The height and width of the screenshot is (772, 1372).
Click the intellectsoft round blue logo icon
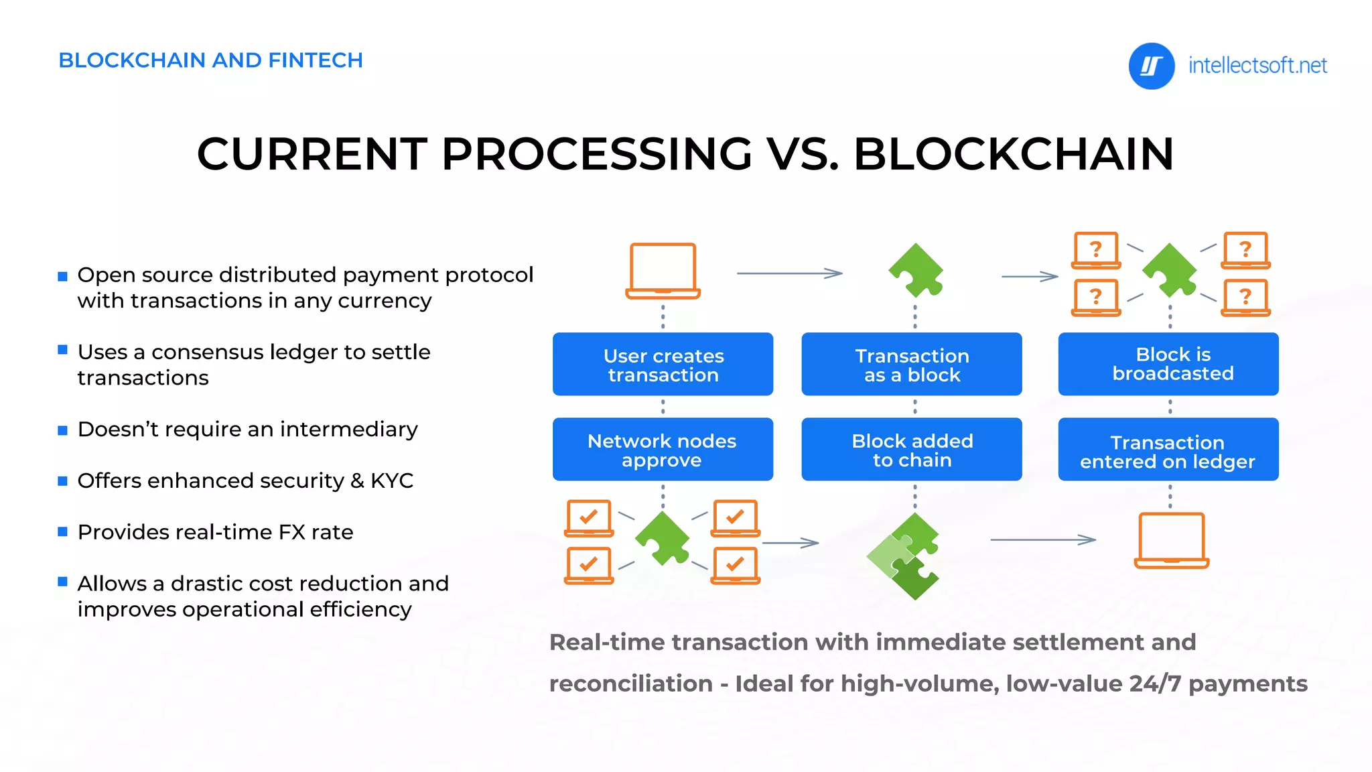[1151, 66]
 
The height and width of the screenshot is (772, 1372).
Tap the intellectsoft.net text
[1257, 66]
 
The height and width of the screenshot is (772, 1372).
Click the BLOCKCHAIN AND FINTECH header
[210, 60]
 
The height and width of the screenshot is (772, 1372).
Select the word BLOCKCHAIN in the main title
[1013, 154]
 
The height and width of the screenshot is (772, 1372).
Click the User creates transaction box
[663, 364]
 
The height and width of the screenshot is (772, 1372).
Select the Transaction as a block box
[911, 364]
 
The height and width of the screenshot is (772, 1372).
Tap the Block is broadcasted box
[1168, 364]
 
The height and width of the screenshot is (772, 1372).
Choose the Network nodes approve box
[663, 450]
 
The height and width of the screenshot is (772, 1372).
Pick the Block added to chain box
[911, 450]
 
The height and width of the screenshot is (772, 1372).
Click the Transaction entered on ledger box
[1168, 450]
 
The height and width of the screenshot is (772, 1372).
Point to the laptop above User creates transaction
[663, 271]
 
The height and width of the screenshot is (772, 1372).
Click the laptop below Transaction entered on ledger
[1171, 540]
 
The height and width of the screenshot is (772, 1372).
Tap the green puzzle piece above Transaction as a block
[916, 271]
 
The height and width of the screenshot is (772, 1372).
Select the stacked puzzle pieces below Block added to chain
[904, 556]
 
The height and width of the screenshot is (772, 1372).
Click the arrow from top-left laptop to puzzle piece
[789, 273]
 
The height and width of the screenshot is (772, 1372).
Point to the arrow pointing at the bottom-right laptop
[1042, 539]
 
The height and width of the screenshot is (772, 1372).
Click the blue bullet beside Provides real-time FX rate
[63, 532]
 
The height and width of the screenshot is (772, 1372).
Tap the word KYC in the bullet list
[392, 480]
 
